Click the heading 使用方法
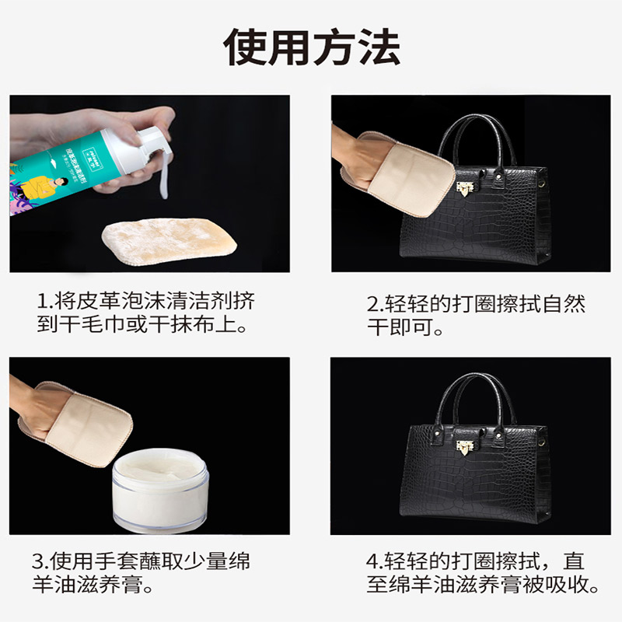click(x=312, y=48)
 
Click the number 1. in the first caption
click(x=44, y=300)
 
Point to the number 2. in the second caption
click(x=375, y=303)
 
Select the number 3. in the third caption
click(x=40, y=561)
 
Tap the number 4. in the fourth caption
click(x=375, y=561)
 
